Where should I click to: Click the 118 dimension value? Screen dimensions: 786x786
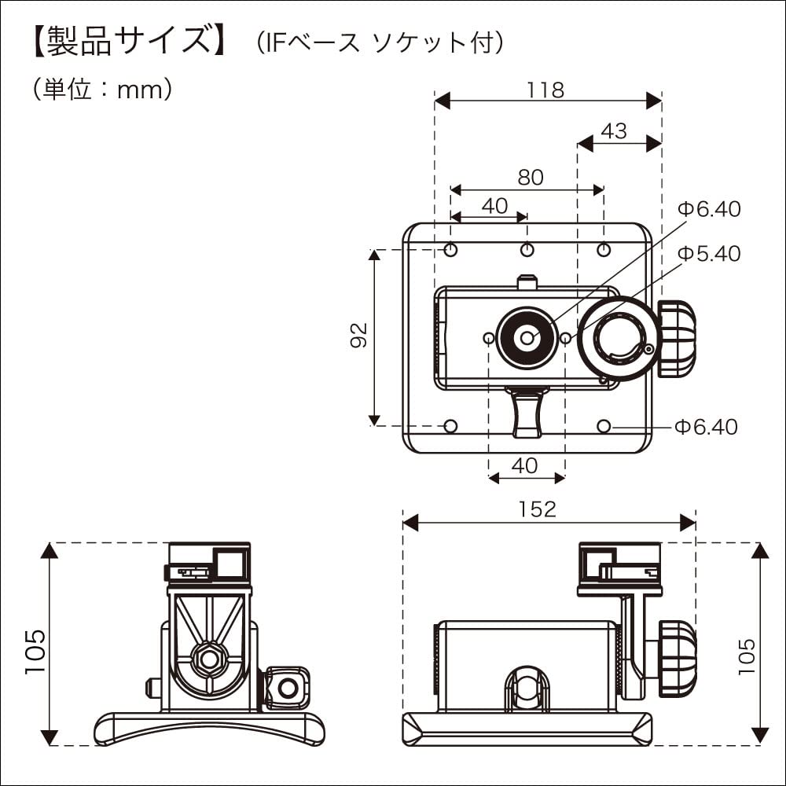point(546,90)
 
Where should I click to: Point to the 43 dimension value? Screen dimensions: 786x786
point(614,131)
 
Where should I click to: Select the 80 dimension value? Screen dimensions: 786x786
point(531,178)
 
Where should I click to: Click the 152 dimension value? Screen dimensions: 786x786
point(538,509)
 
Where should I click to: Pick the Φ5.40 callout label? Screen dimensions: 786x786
point(709,254)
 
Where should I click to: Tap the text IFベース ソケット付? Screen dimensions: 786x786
point(380,43)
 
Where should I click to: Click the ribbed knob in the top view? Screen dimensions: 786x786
point(678,339)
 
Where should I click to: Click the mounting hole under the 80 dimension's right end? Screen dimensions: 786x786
point(604,250)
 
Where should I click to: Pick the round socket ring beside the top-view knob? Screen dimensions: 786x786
point(622,339)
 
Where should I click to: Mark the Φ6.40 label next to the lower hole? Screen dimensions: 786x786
point(706,427)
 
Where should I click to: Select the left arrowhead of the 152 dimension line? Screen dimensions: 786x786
point(410,522)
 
